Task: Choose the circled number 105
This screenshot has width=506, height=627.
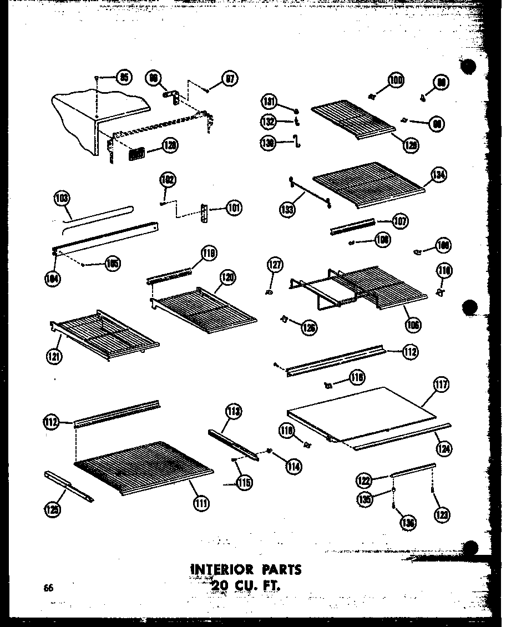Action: point(113,264)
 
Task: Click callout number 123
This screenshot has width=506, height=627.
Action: point(442,514)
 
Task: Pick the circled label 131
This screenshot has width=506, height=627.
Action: point(270,102)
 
